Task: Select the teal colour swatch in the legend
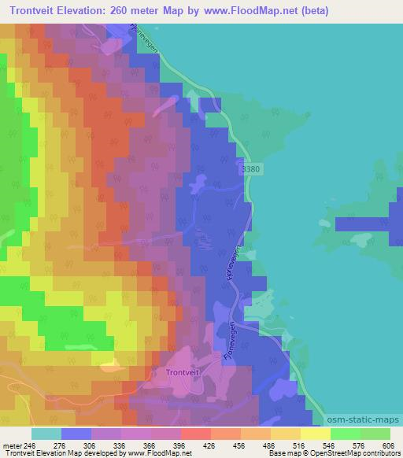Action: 46,434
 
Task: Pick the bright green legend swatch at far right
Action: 375,434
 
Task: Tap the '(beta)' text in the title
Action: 312,12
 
